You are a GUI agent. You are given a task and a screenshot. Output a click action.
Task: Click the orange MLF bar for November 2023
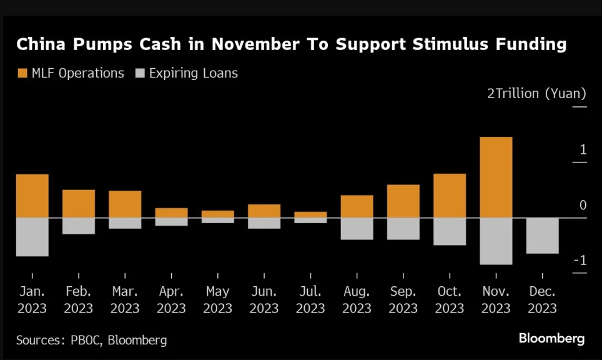point(496,177)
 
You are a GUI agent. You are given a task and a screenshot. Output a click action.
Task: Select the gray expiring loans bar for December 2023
point(542,235)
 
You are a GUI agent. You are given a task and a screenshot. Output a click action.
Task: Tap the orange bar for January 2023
point(32,196)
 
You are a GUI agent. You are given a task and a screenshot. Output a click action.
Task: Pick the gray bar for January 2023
point(32,237)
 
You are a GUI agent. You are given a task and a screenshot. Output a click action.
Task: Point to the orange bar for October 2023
point(450,196)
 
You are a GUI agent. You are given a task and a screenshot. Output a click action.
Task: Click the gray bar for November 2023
point(496,241)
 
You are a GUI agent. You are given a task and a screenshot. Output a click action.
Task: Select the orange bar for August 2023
point(357,206)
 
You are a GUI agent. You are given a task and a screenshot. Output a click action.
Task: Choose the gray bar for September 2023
point(403,229)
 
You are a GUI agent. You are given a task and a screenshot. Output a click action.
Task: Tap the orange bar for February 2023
point(79,203)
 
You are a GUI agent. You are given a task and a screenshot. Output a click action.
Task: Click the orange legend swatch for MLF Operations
point(22,73)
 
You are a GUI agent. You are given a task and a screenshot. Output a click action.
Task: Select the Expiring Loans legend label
point(194,73)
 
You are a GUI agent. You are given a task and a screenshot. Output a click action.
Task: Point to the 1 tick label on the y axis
point(583,149)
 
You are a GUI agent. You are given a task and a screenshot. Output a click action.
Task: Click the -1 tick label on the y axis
point(580,261)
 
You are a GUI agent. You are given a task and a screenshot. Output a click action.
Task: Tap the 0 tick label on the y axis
point(583,205)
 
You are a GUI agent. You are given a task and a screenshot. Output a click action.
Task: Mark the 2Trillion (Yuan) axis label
point(536,94)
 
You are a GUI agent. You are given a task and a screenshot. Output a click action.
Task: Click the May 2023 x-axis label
point(218,300)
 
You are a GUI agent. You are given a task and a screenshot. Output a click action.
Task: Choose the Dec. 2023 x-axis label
point(542,300)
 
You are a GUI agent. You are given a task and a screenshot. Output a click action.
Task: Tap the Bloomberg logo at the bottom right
point(551,339)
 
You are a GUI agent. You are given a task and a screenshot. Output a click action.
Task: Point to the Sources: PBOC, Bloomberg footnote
point(91,340)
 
